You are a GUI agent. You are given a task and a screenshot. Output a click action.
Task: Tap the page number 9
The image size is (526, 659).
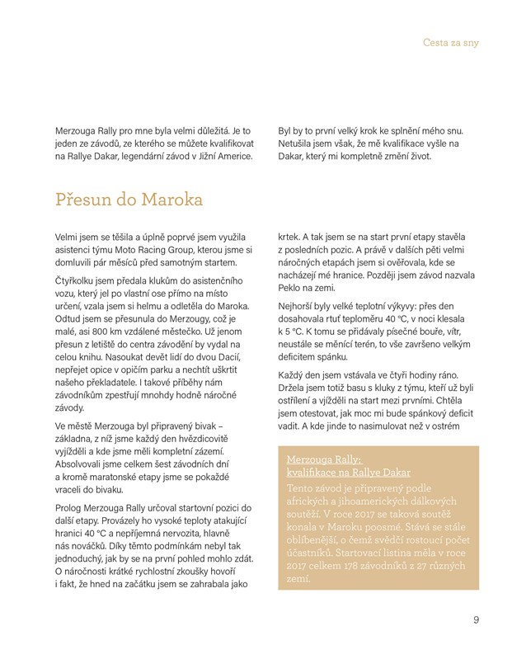pyautogui.click(x=477, y=621)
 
